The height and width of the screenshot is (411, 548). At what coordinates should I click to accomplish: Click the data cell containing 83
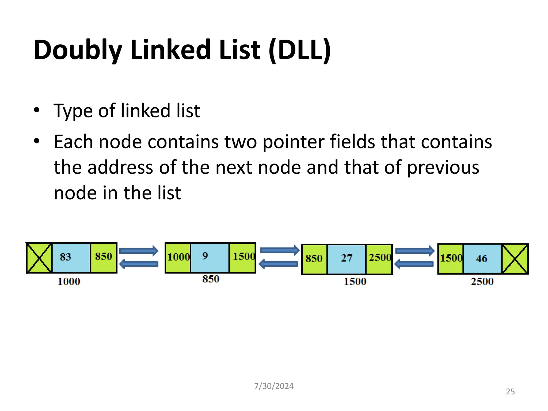coord(71,257)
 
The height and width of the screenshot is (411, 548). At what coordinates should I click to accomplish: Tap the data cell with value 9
coord(210,257)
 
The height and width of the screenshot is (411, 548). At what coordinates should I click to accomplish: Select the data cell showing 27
coord(347,259)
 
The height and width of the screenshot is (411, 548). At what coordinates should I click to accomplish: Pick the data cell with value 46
coord(482,259)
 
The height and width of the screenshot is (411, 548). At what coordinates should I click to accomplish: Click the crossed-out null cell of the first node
coord(39,258)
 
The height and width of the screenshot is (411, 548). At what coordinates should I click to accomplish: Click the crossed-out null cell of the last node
coord(515,259)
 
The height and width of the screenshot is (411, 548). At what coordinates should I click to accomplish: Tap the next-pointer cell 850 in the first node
coord(104,257)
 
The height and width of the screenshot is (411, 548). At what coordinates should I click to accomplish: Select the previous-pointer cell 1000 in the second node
coord(178,257)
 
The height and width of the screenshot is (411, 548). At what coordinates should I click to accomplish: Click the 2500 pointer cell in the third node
coord(379,259)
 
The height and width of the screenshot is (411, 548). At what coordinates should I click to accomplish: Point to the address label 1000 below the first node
coord(69,281)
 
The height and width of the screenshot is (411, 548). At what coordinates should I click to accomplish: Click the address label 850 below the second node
coord(211,279)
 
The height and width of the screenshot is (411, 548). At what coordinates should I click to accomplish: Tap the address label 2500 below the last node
coord(482,281)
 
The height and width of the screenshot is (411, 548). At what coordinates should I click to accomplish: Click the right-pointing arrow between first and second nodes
coord(139,251)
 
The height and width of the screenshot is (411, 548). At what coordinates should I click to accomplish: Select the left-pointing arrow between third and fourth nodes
coord(414,264)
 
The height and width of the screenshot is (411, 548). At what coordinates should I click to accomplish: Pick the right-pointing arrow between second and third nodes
coord(280,250)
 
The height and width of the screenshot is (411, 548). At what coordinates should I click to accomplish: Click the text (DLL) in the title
coord(300,50)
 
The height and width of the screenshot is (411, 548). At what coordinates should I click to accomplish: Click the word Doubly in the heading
coord(78,50)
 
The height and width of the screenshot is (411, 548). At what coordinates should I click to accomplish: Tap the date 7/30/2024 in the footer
coord(274,386)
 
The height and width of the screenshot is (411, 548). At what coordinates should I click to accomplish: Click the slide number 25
coord(510,392)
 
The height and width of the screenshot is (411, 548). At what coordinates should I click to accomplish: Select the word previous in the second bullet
coord(443,168)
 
